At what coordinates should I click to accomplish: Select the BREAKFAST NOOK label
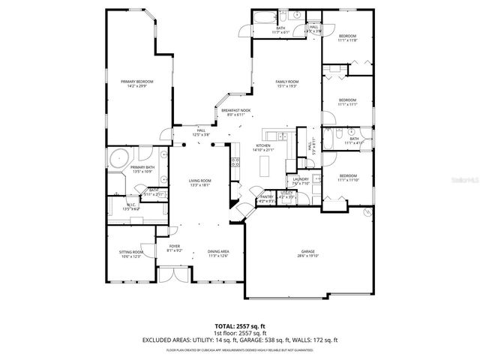[241, 110]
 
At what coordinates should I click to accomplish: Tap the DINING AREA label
[217, 251]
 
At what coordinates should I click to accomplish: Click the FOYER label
[173, 246]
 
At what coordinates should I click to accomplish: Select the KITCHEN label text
[263, 145]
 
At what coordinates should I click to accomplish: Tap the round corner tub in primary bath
[117, 158]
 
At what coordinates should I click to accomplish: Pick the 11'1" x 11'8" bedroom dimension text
[347, 40]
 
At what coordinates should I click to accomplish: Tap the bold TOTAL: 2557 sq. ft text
[240, 325]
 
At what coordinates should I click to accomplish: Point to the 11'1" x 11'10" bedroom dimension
[347, 180]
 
